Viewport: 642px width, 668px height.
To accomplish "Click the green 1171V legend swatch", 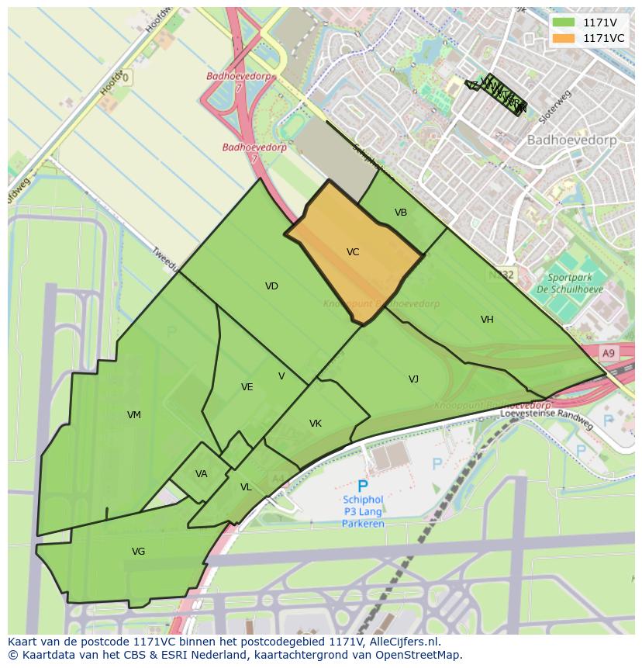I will tap(564, 22).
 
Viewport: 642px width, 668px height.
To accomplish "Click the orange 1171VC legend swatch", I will tap(564, 38).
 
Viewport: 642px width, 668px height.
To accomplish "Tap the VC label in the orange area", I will tap(353, 252).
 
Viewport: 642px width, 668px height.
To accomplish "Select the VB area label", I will tap(401, 213).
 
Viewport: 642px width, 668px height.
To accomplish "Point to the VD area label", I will tap(271, 286).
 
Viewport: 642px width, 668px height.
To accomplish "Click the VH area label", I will tap(487, 320).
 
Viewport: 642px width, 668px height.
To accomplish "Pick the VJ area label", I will tap(413, 379).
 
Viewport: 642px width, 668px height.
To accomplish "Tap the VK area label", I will tap(316, 424).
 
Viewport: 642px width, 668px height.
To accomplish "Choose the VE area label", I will tap(247, 387).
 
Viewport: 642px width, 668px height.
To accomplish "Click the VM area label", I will tap(134, 415).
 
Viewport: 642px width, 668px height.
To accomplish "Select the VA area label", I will tap(202, 474).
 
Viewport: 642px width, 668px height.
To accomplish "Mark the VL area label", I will tap(246, 487).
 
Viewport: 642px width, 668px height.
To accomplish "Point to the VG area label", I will tap(138, 552).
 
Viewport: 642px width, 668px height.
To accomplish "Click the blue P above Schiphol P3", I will tap(362, 486).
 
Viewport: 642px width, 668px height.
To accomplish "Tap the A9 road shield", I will tap(609, 353).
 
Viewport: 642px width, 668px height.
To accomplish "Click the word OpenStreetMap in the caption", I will tap(422, 655).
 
